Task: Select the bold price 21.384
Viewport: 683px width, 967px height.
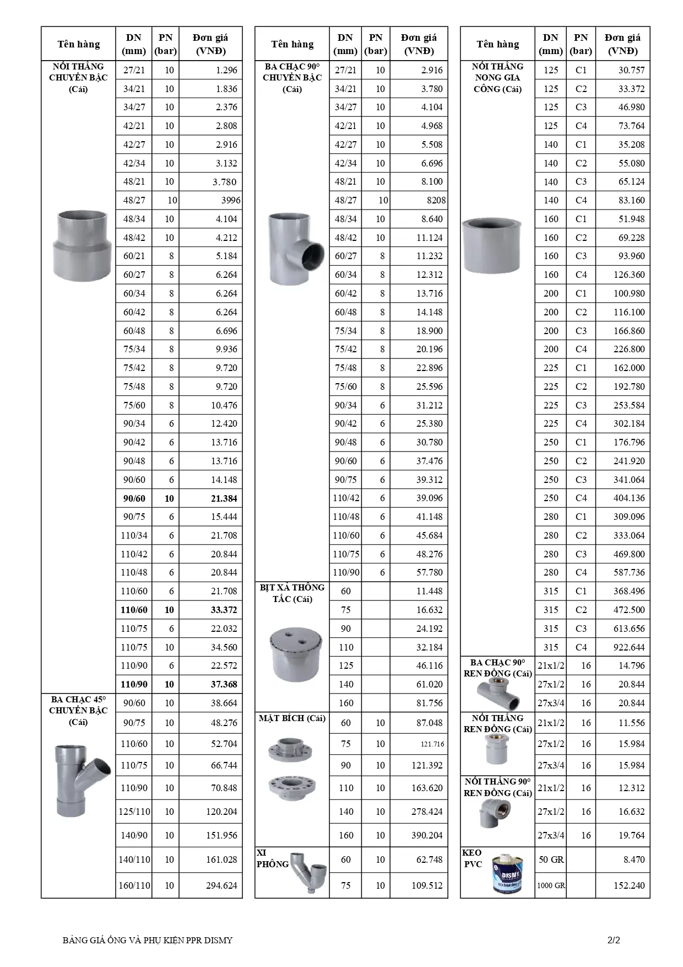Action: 224,498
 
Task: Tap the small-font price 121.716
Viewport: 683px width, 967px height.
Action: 432,744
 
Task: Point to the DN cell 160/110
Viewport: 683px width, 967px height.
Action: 134,885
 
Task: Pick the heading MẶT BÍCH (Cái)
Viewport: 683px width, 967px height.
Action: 292,718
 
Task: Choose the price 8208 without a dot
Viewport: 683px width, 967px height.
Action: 435,201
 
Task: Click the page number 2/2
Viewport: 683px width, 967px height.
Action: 612,941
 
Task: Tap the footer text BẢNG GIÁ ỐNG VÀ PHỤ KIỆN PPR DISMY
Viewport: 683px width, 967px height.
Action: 148,941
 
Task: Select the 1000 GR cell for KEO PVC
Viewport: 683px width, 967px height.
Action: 551,885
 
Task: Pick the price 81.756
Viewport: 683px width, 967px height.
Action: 429,703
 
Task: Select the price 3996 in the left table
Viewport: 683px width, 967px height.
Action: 230,201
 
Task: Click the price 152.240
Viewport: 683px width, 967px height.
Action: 629,885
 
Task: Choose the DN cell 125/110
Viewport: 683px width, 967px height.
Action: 134,812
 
